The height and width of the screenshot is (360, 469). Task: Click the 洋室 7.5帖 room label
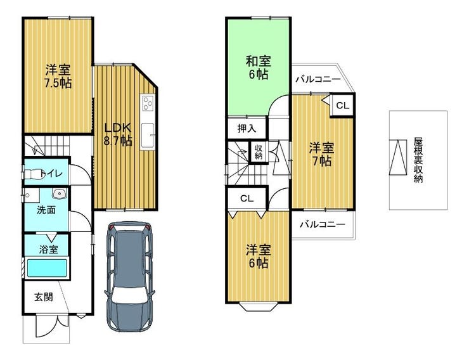(58, 77)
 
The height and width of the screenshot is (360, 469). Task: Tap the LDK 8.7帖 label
(118, 134)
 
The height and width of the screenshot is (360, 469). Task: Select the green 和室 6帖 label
(259, 68)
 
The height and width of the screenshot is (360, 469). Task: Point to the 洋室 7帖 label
(321, 154)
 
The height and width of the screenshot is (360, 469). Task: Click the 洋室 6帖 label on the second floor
(259, 256)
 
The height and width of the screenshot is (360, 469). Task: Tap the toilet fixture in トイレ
(32, 174)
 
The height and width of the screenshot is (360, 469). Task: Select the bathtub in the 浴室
(47, 268)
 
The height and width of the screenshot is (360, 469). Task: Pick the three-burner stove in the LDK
(148, 103)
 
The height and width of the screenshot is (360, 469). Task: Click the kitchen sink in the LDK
(148, 136)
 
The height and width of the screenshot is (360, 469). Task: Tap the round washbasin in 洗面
(60, 194)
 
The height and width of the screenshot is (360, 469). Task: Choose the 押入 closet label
(247, 129)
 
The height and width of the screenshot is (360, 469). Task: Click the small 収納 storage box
(259, 152)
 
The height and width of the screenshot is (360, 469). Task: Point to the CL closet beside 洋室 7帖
(343, 105)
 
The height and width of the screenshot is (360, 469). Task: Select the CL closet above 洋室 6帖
(247, 198)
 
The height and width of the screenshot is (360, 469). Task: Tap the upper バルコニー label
(318, 79)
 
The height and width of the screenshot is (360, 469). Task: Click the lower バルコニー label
(323, 224)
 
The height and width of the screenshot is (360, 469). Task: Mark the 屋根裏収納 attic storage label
(418, 160)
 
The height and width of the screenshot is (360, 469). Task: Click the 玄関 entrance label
(44, 297)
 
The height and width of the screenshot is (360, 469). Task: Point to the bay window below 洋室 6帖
(259, 307)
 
